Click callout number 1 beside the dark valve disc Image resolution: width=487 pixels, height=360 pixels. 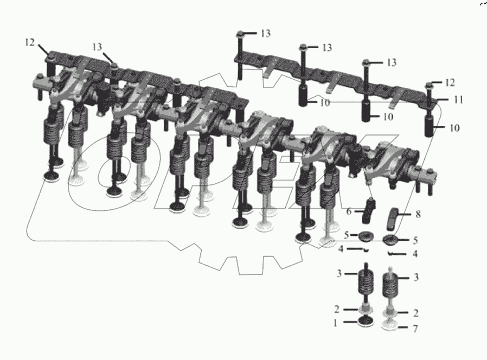(335, 323)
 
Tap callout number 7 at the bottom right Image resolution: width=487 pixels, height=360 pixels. (415, 329)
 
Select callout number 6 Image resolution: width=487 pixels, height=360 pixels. (349, 211)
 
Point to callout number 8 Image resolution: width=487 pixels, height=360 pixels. (418, 214)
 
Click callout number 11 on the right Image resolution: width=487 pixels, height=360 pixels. (458, 100)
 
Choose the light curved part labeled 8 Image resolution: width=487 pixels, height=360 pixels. (393, 219)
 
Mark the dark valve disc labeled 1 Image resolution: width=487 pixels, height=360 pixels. (366, 321)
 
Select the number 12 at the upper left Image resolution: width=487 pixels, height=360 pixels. (30, 42)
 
